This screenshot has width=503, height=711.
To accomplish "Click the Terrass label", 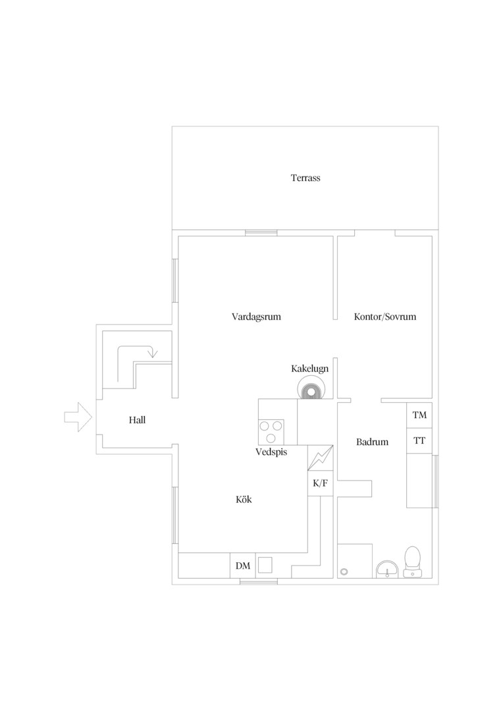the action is click(305, 178).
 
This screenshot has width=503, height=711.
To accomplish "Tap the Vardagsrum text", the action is click(256, 317).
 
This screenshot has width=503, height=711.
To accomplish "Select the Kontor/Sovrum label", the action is click(385, 317).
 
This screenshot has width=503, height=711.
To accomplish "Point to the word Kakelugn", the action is click(310, 369).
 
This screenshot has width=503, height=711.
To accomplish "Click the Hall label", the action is click(137, 420).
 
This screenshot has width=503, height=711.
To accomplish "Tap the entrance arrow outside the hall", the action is click(78, 417).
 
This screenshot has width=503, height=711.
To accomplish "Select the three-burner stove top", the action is click(271, 432).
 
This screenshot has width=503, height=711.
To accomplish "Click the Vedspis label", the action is click(271, 452).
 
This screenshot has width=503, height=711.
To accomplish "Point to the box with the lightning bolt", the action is click(321, 458).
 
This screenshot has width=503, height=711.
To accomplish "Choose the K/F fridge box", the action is click(321, 483).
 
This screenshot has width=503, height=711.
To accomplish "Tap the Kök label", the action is click(244, 500).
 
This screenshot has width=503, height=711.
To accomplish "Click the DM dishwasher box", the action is click(243, 566).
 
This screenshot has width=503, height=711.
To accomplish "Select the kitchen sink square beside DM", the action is click(265, 566).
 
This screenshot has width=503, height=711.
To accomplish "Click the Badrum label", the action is click(373, 442).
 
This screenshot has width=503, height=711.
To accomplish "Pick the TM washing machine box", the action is click(419, 415).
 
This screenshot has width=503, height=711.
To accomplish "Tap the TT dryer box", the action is click(419, 440).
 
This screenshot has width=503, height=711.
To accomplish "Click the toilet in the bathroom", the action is click(412, 562).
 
